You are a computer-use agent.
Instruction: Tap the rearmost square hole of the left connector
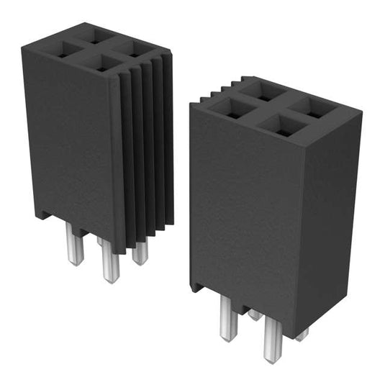pyautogui.click(x=95, y=34)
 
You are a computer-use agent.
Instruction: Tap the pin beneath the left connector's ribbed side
pyautogui.click(x=140, y=253)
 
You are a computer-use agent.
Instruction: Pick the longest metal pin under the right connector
pyautogui.click(x=271, y=340)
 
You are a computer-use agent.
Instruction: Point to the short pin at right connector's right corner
pyautogui.click(x=302, y=333)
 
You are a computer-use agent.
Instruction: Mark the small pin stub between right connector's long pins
pyautogui.click(x=254, y=314)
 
